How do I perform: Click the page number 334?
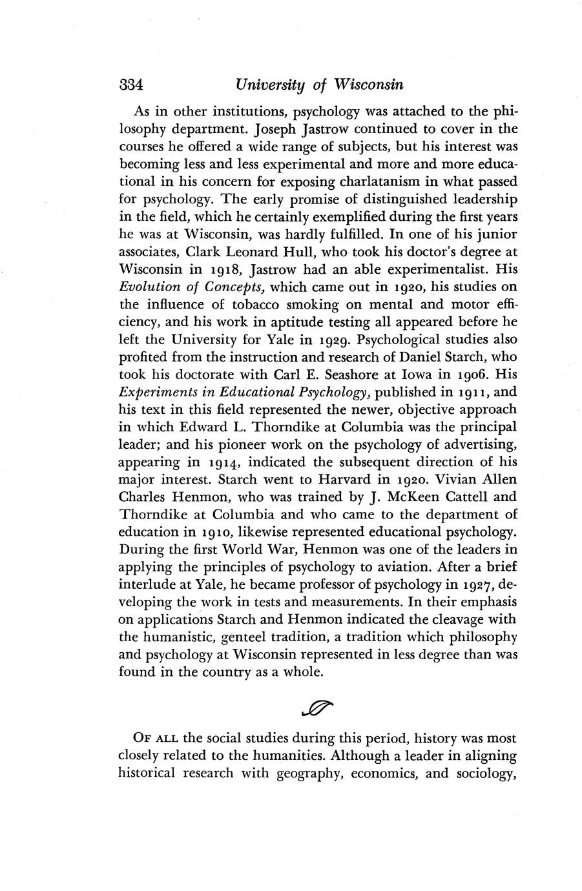tap(130, 85)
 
